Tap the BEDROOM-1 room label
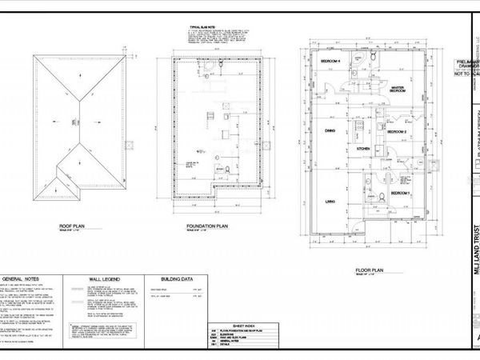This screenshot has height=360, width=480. point(399,194)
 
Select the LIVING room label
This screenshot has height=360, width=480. point(328,203)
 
